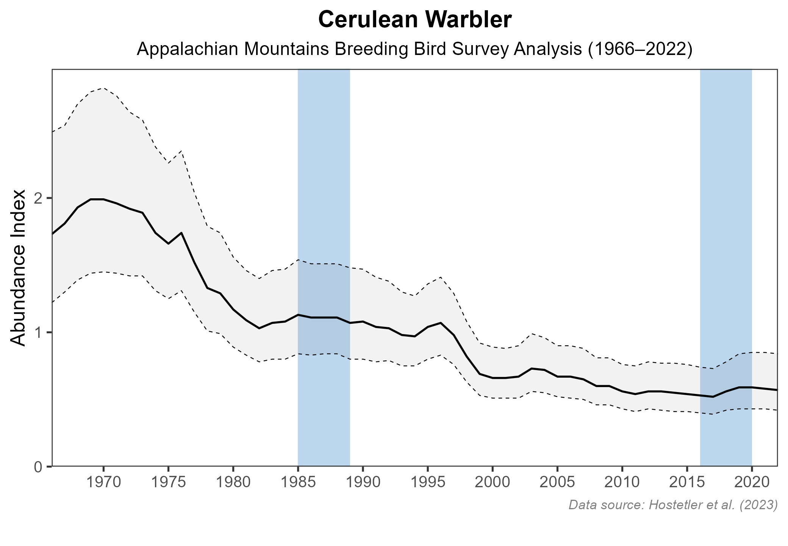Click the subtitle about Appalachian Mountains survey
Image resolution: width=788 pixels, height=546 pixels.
[414, 50]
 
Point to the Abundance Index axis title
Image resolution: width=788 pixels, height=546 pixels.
[18, 268]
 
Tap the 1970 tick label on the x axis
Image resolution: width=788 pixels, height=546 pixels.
[103, 483]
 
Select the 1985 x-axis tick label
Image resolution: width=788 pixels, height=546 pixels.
[298, 483]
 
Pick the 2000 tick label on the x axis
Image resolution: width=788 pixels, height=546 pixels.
[492, 483]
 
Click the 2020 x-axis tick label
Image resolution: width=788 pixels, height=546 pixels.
[752, 483]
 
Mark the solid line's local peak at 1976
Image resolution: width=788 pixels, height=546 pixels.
[181, 232]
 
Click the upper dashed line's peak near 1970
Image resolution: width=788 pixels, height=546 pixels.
[103, 88]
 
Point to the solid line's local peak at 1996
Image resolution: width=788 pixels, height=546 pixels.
[441, 323]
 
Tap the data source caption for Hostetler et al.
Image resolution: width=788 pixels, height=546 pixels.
[673, 505]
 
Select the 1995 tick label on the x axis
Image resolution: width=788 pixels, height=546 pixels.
[428, 483]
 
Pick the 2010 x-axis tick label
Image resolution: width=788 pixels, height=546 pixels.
[622, 483]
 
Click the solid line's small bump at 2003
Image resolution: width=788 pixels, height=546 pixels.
[532, 368]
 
